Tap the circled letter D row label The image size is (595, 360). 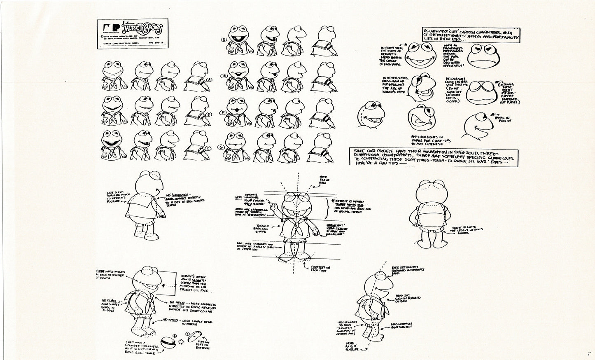point(223,40)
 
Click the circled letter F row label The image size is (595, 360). point(223,112)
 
